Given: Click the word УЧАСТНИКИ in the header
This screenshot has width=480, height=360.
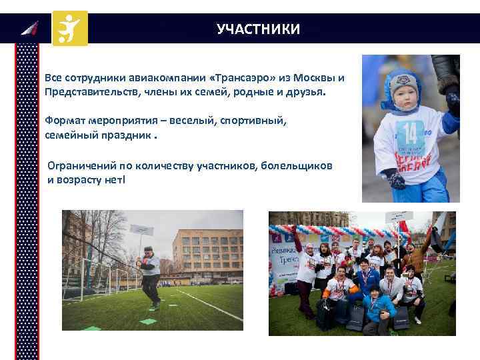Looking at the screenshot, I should (258, 29).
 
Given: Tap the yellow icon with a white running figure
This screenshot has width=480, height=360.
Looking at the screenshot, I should (70, 28).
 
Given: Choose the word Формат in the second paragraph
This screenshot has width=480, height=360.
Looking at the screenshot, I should (65, 119).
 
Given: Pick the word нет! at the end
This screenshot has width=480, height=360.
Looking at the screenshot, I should (113, 179).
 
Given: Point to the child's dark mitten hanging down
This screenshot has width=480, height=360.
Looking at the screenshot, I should (394, 179).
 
